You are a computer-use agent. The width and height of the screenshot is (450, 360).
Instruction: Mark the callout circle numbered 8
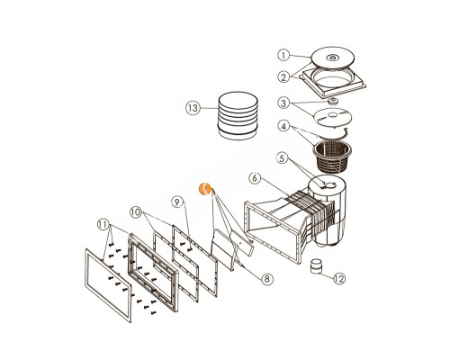[x=266, y=280]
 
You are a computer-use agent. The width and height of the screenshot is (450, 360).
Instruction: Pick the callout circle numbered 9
[x=177, y=202]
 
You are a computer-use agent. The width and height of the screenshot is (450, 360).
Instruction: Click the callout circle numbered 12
[x=338, y=279]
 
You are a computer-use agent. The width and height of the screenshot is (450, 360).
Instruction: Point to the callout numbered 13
[x=191, y=107]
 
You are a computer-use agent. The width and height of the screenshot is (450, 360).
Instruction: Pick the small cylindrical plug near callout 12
[x=317, y=266]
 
